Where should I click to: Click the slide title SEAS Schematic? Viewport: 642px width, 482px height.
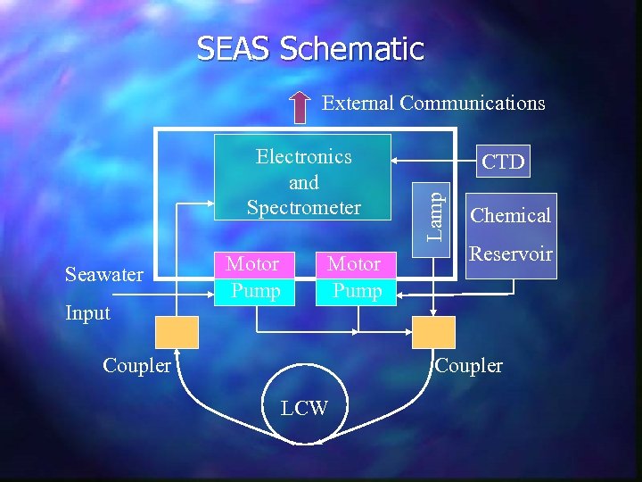coord(309,48)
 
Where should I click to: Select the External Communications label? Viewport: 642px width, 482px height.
coord(433,103)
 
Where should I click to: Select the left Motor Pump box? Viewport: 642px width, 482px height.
coord(253,277)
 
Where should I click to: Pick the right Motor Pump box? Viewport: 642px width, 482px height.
coord(355,277)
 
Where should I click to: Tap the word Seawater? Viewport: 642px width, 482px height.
coord(104,274)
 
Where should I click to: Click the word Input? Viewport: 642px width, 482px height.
coord(87,312)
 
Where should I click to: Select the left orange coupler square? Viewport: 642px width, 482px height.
coord(177,332)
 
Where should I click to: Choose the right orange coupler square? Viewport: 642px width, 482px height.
coord(433,332)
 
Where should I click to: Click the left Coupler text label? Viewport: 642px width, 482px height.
coord(137,366)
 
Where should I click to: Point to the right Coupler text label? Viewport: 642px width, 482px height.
coord(469,366)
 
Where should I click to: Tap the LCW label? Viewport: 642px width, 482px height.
coord(304,409)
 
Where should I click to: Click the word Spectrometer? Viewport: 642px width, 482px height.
coord(303,208)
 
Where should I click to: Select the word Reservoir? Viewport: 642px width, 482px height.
coord(512,254)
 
